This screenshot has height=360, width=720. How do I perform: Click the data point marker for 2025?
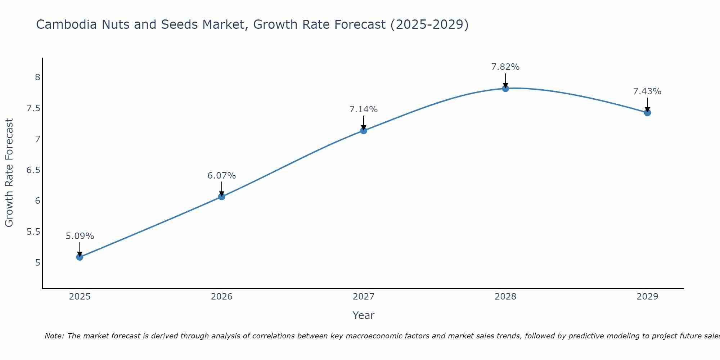pyautogui.click(x=80, y=257)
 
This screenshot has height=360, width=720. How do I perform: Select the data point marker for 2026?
pyautogui.click(x=221, y=197)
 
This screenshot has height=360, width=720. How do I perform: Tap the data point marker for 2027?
pyautogui.click(x=364, y=130)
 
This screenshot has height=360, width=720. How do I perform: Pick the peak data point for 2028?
pyautogui.click(x=505, y=88)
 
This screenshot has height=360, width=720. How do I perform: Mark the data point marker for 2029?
pyautogui.click(x=647, y=113)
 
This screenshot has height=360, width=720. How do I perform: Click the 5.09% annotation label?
pyautogui.click(x=80, y=236)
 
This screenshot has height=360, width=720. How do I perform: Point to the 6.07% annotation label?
pyautogui.click(x=221, y=176)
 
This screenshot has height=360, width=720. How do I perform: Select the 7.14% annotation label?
pyautogui.click(x=364, y=109)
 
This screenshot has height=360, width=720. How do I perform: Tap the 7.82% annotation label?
pyautogui.click(x=505, y=67)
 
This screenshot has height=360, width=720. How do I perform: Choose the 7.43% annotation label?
pyautogui.click(x=647, y=91)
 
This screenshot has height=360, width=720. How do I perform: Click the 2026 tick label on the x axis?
pyautogui.click(x=221, y=297)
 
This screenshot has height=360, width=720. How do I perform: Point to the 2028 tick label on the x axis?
pyautogui.click(x=505, y=297)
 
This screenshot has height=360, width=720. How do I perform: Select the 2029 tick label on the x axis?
pyautogui.click(x=647, y=297)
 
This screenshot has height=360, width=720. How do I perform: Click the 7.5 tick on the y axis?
pyautogui.click(x=33, y=108)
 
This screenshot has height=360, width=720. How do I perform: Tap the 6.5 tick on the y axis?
pyautogui.click(x=33, y=170)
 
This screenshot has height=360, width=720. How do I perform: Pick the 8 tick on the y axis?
pyautogui.click(x=37, y=77)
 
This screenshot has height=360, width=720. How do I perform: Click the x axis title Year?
pyautogui.click(x=364, y=315)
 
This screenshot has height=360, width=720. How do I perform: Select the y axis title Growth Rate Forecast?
pyautogui.click(x=9, y=173)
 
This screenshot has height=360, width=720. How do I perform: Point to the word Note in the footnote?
pyautogui.click(x=54, y=336)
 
